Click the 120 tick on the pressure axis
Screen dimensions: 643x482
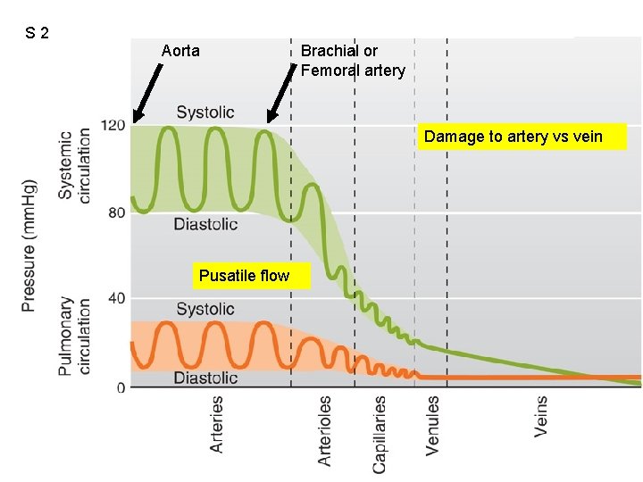pos(113,125)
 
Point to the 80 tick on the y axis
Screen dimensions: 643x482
pos(116,212)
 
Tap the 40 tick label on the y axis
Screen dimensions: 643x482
pos(116,298)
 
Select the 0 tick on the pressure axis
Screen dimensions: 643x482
pos(121,387)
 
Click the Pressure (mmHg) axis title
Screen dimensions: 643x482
pos(29,246)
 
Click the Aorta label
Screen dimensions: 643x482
pos(180,51)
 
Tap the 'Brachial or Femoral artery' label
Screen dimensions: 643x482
pos(353,61)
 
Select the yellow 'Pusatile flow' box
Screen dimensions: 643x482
pos(252,276)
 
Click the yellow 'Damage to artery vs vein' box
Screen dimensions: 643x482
pos(522,137)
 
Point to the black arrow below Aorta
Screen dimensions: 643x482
pos(147,93)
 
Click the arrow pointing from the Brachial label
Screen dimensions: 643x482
pos(281,93)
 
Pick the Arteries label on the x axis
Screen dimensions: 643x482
pos(216,424)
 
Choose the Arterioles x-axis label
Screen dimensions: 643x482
pos(324,430)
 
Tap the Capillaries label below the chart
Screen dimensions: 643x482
pos(378,435)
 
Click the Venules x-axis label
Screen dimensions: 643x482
pos(432,426)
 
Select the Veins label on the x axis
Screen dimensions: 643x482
pos(540,417)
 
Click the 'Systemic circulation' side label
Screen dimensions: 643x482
pos(74,166)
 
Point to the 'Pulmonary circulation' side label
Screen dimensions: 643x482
pos(74,337)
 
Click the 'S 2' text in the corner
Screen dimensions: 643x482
pos(37,33)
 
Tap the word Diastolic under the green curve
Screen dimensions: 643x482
pos(205,224)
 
